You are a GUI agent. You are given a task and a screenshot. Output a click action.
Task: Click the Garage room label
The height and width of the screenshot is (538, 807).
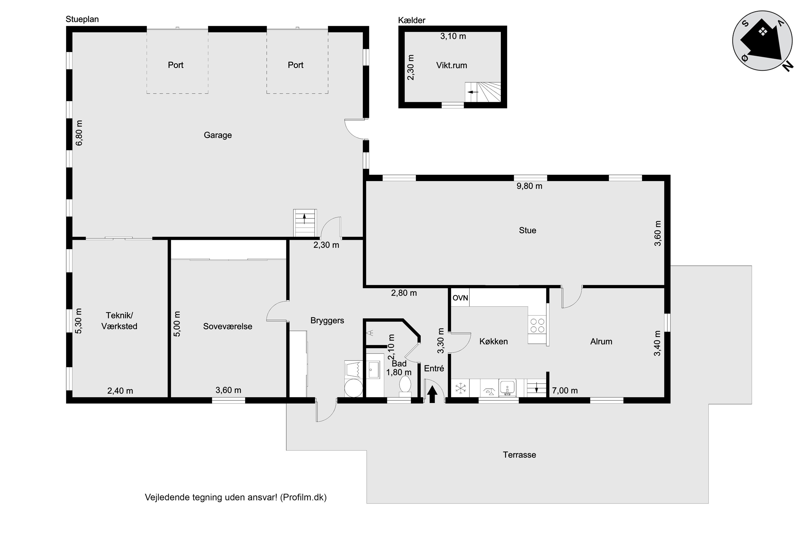coord(218,135)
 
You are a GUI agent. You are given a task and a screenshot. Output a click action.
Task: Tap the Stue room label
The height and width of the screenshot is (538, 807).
coord(527,230)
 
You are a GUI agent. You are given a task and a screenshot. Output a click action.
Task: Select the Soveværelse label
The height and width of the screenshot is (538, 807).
coord(228,326)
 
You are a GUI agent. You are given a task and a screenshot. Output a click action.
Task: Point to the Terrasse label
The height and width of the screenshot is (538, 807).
coord(519,455)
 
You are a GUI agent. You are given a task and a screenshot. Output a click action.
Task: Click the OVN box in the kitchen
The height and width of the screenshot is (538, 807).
coord(460,298)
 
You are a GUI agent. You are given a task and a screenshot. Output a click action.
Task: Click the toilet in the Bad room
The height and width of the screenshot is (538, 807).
coord(405,386)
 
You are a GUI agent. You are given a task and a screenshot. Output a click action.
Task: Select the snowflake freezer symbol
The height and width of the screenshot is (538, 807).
coord(461,388)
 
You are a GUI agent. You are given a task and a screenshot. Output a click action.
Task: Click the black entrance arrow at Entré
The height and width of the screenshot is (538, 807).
coord(432,394)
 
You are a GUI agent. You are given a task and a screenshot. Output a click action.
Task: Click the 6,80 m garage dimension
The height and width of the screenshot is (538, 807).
coord(79,133)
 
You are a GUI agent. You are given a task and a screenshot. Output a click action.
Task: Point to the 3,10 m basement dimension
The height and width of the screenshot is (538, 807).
coord(453,36)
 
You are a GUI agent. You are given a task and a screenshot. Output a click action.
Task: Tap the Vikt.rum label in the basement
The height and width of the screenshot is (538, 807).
coord(452,65)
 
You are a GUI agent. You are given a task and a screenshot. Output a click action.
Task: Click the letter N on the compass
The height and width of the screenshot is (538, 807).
coord(788,66)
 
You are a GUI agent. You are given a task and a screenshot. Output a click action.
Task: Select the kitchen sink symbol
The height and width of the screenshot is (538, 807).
coord(507,388)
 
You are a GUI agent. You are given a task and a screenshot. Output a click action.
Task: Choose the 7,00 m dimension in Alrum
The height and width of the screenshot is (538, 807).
coord(565,391)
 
